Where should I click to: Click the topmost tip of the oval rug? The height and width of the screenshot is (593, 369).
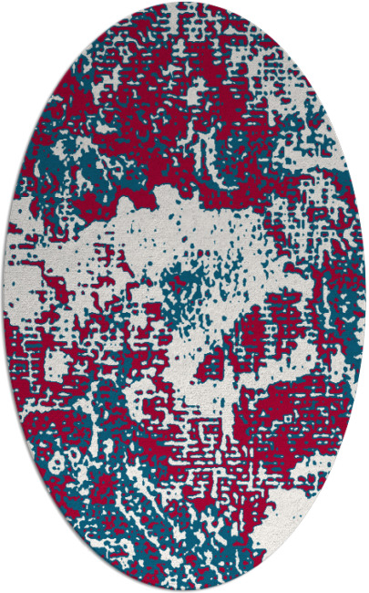(184, 3)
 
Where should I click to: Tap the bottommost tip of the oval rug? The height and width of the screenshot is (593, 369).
(184, 590)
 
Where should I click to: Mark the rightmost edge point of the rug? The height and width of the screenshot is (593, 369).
(364, 296)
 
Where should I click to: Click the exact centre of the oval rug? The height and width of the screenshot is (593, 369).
(184, 296)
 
